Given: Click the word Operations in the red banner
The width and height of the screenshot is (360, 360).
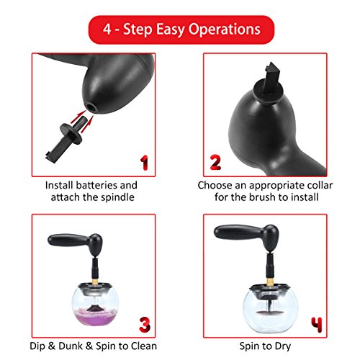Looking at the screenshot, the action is (x=224, y=30).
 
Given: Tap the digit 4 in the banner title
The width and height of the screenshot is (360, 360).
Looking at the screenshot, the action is (x=107, y=29).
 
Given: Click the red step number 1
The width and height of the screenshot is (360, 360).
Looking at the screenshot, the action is (x=145, y=163).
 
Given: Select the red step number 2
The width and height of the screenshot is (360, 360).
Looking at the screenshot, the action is (x=215, y=163).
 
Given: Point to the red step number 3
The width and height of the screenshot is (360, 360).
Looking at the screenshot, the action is (x=145, y=325).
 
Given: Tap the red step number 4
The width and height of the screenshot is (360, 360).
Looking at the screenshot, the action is (x=317, y=325).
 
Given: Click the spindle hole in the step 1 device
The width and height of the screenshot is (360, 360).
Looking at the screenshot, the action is (x=91, y=107).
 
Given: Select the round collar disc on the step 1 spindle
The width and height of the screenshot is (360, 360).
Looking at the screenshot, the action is (x=71, y=134).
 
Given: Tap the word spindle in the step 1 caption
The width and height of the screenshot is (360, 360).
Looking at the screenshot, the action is (x=117, y=197).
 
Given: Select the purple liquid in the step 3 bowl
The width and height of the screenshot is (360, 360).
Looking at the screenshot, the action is (x=95, y=318).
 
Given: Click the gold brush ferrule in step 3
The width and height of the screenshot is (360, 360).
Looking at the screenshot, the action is (x=96, y=282).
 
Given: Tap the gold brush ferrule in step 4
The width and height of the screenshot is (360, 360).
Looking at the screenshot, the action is (x=270, y=282).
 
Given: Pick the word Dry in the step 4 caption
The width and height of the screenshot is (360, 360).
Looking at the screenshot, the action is (x=283, y=346).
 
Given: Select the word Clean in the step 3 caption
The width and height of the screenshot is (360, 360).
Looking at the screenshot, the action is (x=144, y=346).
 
